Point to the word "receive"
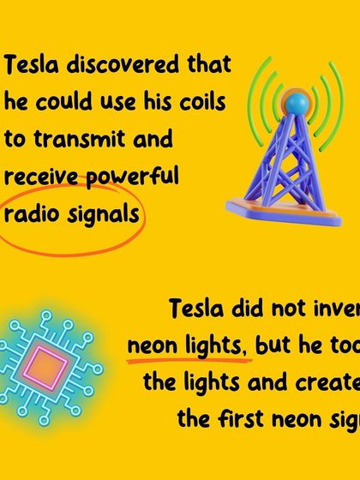point(36,177)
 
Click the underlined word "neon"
point(151,345)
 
